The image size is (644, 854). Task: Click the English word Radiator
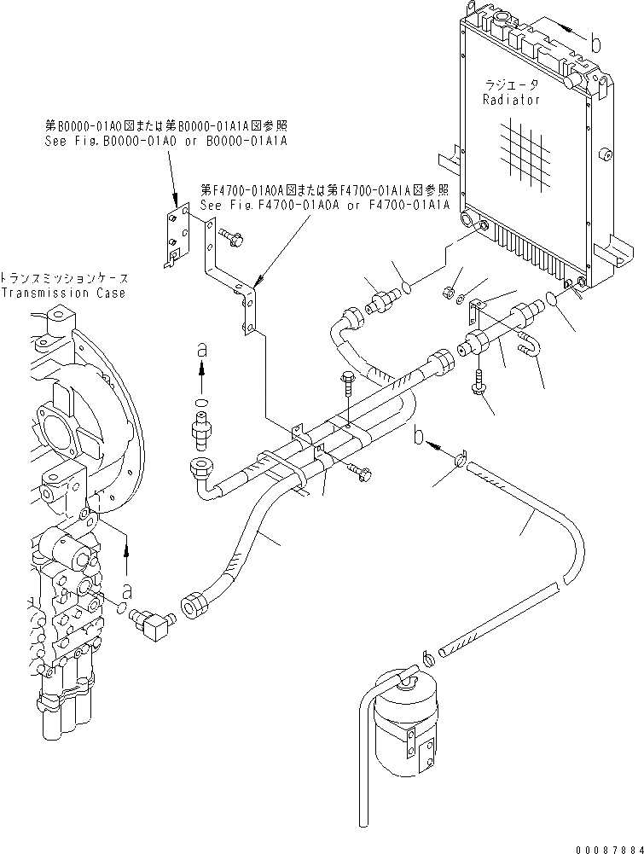(x=511, y=100)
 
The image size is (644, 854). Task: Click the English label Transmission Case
(x=65, y=293)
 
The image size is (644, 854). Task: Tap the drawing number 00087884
(x=606, y=845)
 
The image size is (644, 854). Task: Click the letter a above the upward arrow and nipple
(x=201, y=348)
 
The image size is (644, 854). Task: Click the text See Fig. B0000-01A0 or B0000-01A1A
(x=165, y=142)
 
